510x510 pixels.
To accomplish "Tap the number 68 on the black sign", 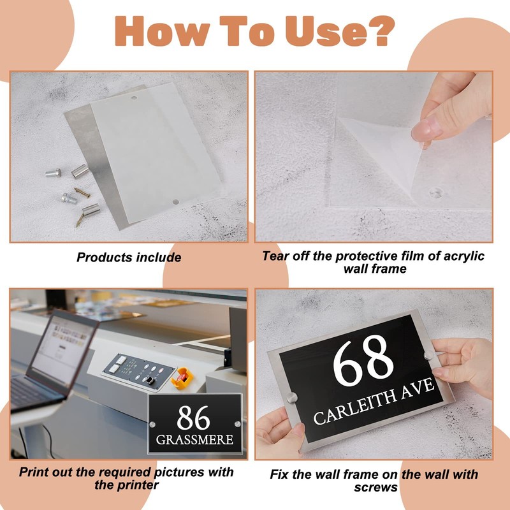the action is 363,360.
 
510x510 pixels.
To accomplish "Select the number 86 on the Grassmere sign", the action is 193,418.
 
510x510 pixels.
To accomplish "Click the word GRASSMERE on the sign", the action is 194,440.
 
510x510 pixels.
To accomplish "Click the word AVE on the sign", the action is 418,388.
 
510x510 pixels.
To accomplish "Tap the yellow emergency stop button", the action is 182,377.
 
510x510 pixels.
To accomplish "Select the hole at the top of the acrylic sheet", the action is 134,98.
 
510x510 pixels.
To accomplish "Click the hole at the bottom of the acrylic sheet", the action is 176,201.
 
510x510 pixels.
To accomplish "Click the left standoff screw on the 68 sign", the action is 292,397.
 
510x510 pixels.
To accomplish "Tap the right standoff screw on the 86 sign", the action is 237,424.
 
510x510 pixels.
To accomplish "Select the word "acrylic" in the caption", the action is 464,256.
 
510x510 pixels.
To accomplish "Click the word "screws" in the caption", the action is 375,487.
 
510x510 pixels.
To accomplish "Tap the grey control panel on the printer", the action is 139,372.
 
